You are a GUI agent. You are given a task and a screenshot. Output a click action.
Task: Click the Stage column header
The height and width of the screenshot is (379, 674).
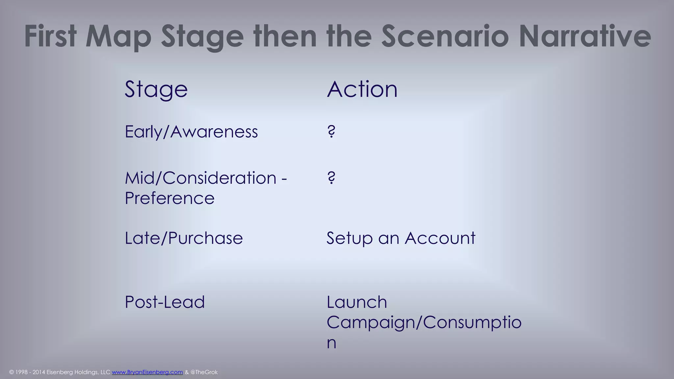click(156, 89)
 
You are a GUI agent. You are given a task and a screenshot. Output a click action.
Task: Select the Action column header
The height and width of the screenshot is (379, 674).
click(362, 89)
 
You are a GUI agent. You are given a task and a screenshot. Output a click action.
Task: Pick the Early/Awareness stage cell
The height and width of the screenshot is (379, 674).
click(191, 132)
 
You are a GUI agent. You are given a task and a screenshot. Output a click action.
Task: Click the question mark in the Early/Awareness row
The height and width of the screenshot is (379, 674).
click(331, 132)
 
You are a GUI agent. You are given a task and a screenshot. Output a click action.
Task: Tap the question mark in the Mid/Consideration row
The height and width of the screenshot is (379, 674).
click(331, 178)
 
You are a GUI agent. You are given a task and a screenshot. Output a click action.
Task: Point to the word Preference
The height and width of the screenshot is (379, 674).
click(169, 198)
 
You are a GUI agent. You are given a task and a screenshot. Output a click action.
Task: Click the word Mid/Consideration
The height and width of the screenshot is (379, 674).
click(201, 178)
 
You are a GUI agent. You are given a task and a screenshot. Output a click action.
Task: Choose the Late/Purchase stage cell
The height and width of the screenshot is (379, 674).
click(184, 238)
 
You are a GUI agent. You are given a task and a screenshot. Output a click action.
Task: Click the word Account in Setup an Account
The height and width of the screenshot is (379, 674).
click(440, 238)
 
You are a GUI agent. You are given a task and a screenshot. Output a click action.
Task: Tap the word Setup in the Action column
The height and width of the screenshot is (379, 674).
click(349, 239)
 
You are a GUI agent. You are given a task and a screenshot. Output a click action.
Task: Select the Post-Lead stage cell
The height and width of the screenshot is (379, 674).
click(165, 302)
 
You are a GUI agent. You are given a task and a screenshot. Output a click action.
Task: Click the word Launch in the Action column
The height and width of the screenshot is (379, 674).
click(357, 302)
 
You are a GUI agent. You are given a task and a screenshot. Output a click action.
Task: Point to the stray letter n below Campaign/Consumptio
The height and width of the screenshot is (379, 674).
click(331, 343)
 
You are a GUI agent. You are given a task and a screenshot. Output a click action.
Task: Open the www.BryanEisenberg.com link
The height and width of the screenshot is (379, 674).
click(147, 372)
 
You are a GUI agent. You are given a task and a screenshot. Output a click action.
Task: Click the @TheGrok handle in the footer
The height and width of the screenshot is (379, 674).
click(204, 372)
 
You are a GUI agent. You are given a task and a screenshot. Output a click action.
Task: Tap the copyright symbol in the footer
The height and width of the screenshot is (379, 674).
click(12, 372)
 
